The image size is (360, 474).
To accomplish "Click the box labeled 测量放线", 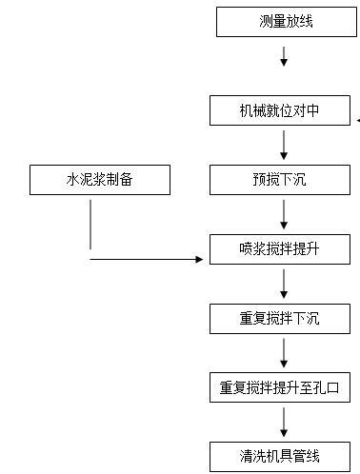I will (x=283, y=22).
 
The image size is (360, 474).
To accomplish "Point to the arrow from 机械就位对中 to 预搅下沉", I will (x=283, y=145).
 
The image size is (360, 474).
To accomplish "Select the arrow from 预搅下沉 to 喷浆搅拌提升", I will (x=283, y=214).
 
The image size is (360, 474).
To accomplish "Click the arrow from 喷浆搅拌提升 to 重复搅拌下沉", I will (x=283, y=284).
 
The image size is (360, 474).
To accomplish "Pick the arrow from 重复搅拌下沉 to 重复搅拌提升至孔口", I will (x=283, y=352).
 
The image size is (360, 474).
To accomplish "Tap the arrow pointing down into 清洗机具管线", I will (x=283, y=421).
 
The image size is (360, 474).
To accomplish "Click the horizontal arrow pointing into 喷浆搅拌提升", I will (x=152, y=258).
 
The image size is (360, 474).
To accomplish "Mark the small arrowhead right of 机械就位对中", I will (x=358, y=121).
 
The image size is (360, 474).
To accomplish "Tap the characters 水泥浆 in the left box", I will (x=85, y=179).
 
